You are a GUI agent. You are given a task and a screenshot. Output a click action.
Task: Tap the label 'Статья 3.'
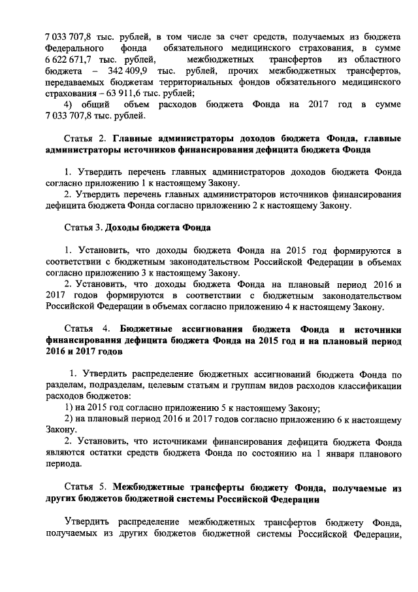pyautogui.click(x=83, y=228)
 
